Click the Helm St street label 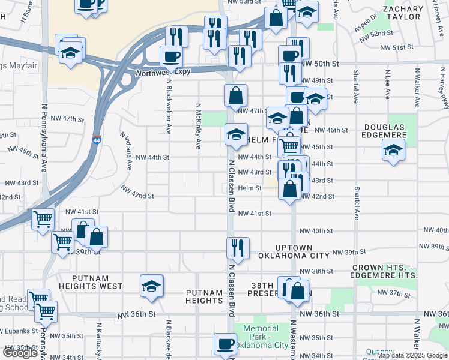pos(249,188)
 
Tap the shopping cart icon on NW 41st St pos(43,220)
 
